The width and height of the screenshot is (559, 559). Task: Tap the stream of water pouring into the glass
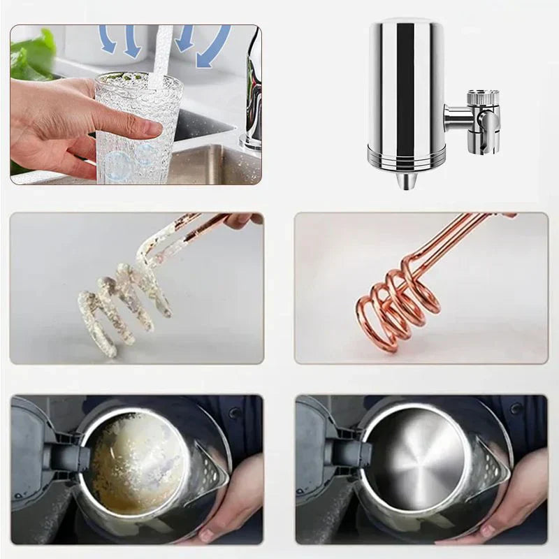pos(163,56)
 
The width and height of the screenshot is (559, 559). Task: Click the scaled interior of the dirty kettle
pos(136,461)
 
